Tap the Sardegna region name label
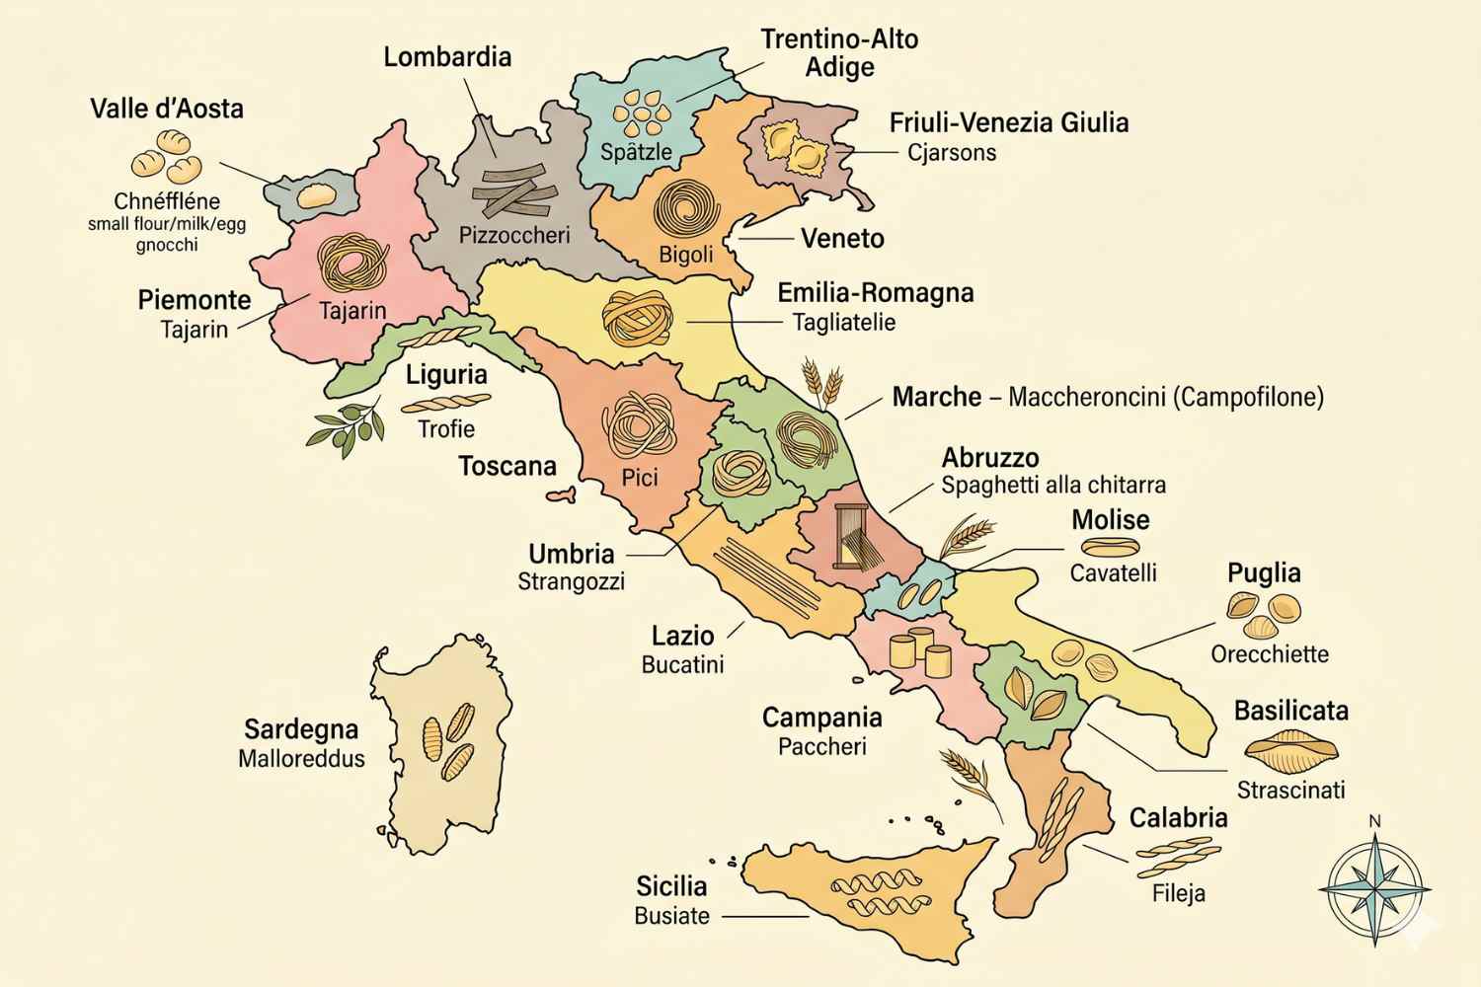tap(301, 729)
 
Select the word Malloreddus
tap(301, 759)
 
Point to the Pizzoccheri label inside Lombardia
tap(514, 236)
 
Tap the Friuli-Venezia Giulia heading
tap(1008, 123)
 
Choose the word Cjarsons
tap(952, 153)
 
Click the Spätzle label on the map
tap(637, 152)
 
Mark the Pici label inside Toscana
tap(640, 478)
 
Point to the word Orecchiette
tap(1270, 654)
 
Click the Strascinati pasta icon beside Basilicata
tap(1289, 751)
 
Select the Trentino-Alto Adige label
tap(839, 53)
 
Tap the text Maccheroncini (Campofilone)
tap(1165, 398)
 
